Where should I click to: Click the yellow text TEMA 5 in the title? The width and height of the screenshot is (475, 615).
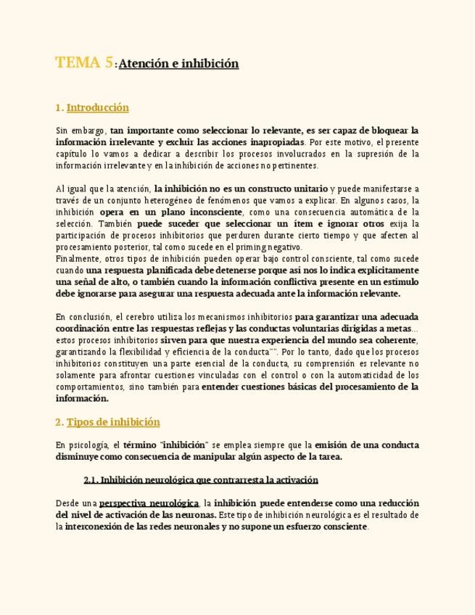[84, 63]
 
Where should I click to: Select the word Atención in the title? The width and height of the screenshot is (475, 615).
[144, 64]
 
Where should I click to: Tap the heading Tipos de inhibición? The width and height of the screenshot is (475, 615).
[113, 422]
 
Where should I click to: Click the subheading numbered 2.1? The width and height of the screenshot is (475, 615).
[201, 480]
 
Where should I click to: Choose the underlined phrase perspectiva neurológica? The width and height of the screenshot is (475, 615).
[149, 503]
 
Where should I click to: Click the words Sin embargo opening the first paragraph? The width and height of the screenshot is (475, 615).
[79, 131]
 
